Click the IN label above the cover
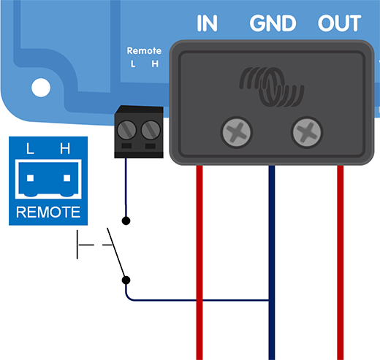pos(207,23)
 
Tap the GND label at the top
pos(273,23)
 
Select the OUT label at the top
pos(340,23)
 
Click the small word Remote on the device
pos(144,51)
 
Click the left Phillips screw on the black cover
pos(237,132)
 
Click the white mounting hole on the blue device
pos(41,88)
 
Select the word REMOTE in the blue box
pos(47,213)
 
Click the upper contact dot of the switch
pos(126,220)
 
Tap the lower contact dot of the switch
pos(126,279)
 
